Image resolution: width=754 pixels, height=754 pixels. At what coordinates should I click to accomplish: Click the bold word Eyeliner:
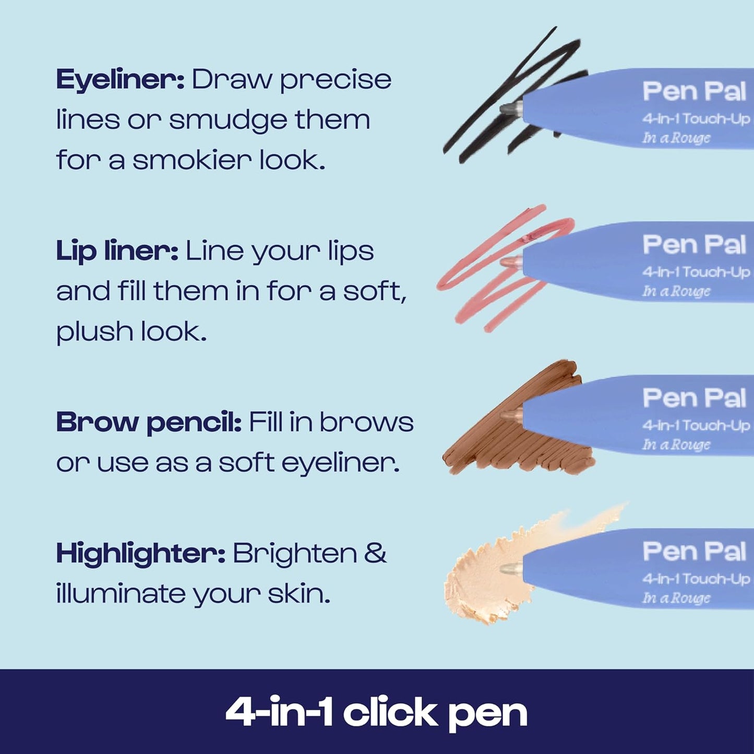120,80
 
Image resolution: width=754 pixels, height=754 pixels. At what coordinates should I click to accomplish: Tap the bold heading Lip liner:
117,252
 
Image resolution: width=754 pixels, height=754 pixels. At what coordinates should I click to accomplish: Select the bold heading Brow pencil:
148,423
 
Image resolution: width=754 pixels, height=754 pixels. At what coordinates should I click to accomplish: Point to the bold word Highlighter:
140,554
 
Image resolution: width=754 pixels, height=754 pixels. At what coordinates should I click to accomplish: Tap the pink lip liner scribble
485,282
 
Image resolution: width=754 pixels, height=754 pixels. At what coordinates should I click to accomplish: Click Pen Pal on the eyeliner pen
694,91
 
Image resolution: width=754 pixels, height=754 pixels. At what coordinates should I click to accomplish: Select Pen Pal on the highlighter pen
694,552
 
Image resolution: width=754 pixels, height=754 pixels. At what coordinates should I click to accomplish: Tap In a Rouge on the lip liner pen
676,291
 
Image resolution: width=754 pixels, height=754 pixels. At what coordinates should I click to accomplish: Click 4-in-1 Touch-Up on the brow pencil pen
696,425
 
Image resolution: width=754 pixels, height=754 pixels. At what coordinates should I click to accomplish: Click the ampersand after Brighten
375,553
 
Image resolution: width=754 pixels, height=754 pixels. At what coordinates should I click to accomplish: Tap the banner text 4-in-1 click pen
376,713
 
